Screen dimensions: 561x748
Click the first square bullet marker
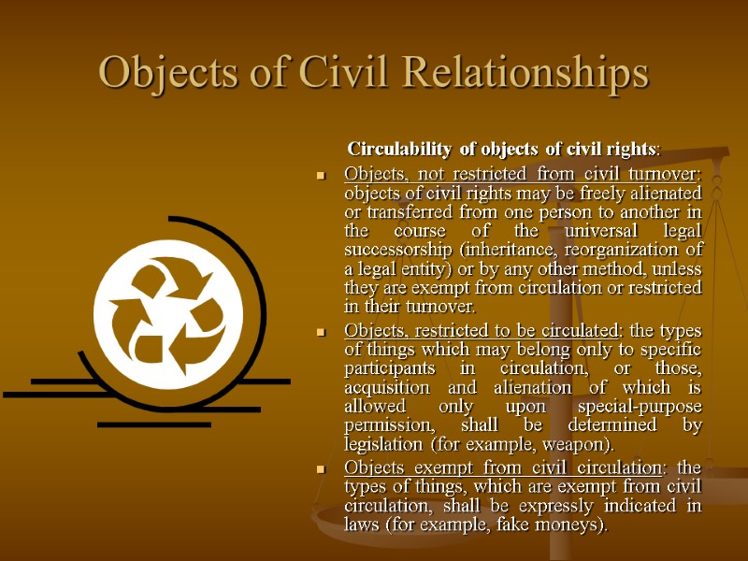pyautogui.click(x=321, y=175)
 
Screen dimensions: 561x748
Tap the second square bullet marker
pyautogui.click(x=321, y=332)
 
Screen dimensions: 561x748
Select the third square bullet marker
pyautogui.click(x=321, y=467)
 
